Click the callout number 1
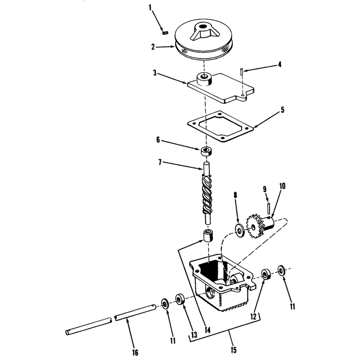click(x=150, y=8)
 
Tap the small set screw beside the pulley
click(x=165, y=33)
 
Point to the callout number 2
click(x=153, y=47)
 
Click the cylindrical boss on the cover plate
click(x=204, y=80)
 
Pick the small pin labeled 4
click(x=242, y=71)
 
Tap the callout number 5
click(x=283, y=110)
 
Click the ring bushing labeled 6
click(x=207, y=151)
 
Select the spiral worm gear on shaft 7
click(x=207, y=193)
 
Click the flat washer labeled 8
click(x=240, y=229)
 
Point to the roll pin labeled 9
click(x=269, y=208)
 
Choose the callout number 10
click(x=283, y=186)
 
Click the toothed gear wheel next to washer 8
click(x=255, y=227)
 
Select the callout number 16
click(x=135, y=352)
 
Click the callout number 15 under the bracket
click(x=233, y=350)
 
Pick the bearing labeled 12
click(x=266, y=274)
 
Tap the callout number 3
click(x=155, y=73)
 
